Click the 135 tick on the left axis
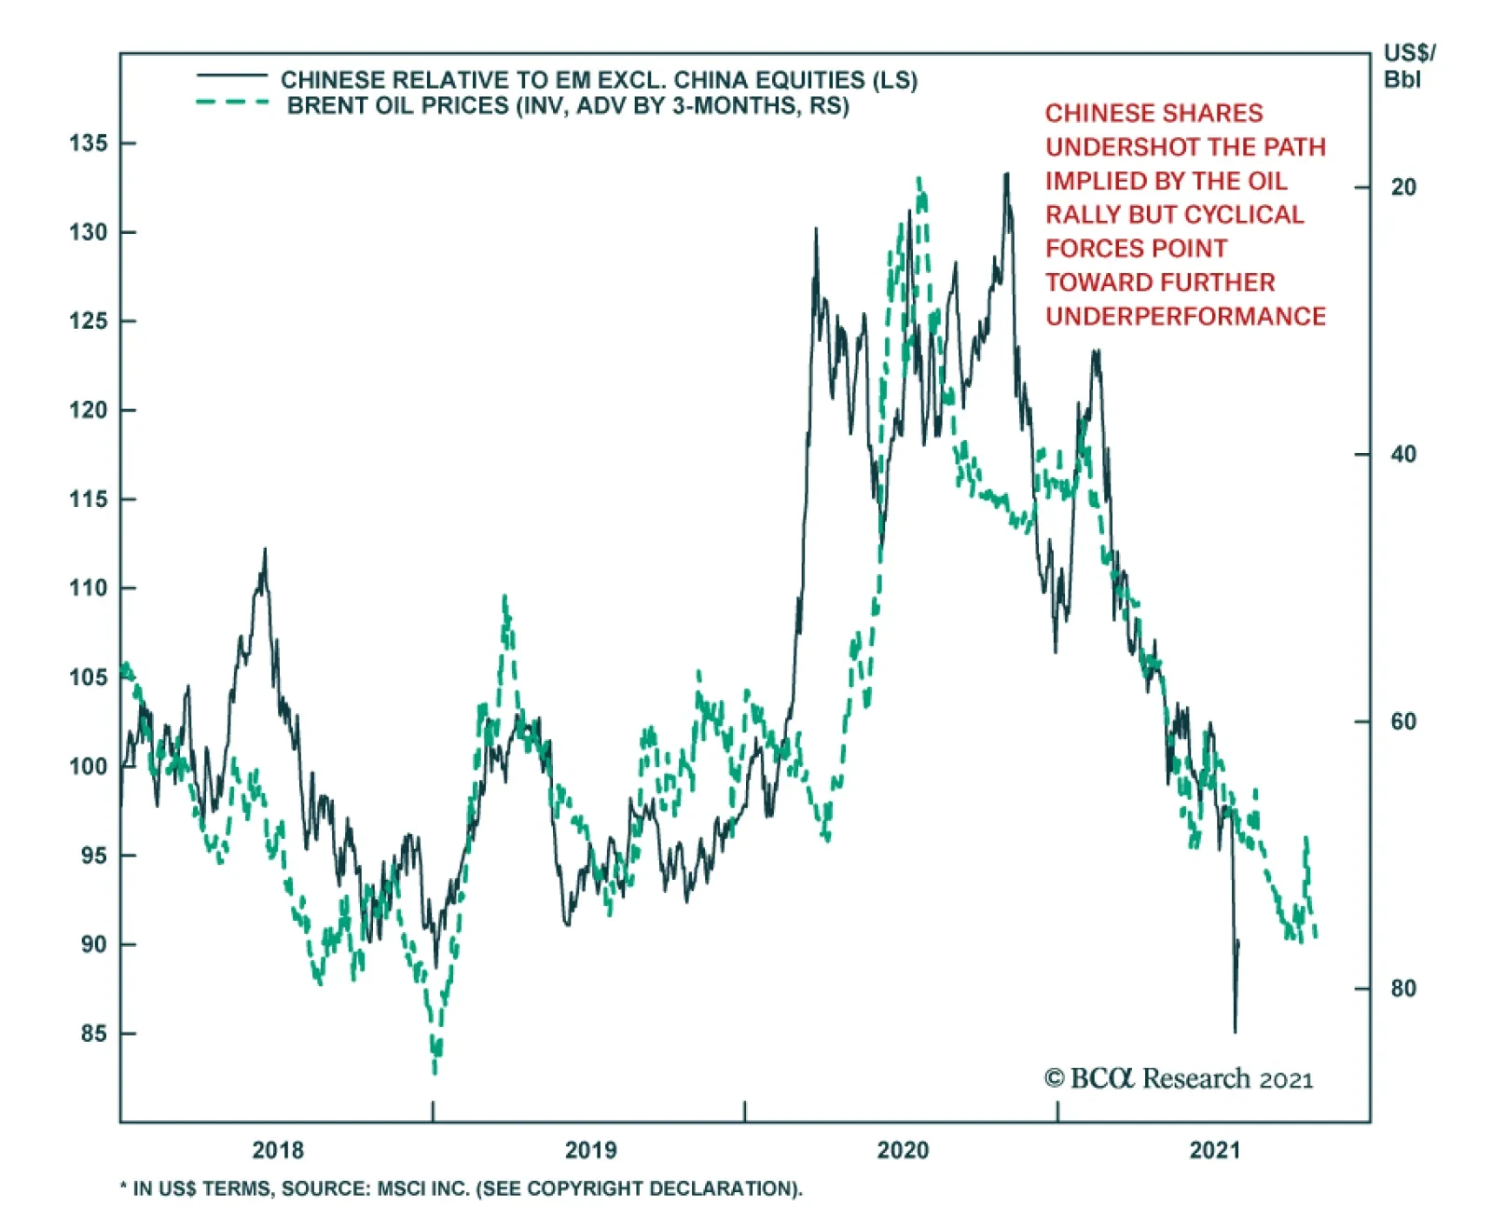pyautogui.click(x=88, y=144)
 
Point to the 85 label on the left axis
pyautogui.click(x=93, y=1034)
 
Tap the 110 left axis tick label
pyautogui.click(x=88, y=588)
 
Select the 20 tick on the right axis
pyautogui.click(x=1402, y=187)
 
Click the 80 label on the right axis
pyautogui.click(x=1402, y=988)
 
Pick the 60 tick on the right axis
pyautogui.click(x=1402, y=721)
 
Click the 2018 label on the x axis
pyautogui.click(x=278, y=1150)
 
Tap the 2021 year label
pyautogui.click(x=1215, y=1150)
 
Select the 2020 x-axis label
pyautogui.click(x=903, y=1150)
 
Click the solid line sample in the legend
pyautogui.click(x=231, y=75)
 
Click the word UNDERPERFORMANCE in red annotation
pyautogui.click(x=1185, y=317)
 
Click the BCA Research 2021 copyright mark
pyautogui.click(x=1179, y=1079)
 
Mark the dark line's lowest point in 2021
pyautogui.click(x=1236, y=1032)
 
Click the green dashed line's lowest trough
pyautogui.click(x=435, y=1072)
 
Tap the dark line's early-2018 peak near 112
pyautogui.click(x=265, y=550)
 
